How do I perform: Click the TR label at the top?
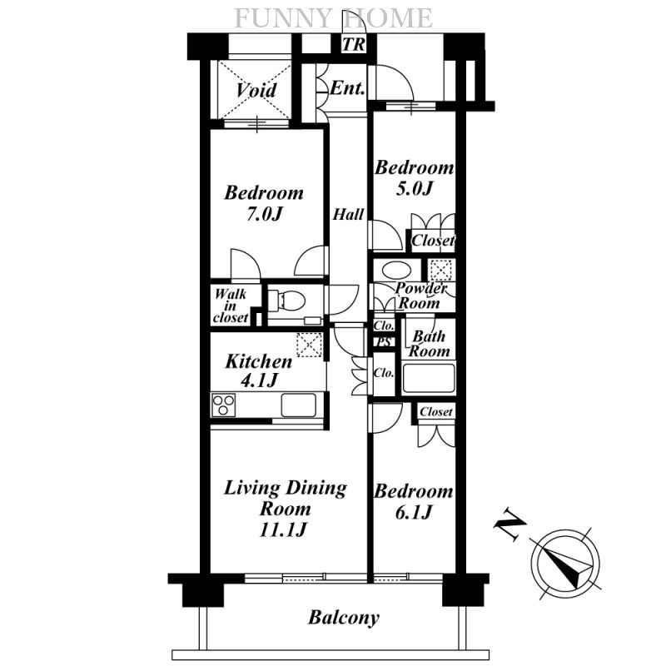(x=353, y=44)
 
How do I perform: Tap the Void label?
(x=256, y=90)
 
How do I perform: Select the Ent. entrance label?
(x=347, y=88)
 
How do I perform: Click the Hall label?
(x=348, y=215)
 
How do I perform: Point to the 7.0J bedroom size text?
(x=264, y=214)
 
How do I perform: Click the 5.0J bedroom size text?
(x=414, y=188)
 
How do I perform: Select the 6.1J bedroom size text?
(x=413, y=513)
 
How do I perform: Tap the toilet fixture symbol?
(x=286, y=301)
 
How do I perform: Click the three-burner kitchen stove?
(x=223, y=405)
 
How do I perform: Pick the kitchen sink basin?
(x=299, y=405)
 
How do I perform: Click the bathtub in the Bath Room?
(x=428, y=378)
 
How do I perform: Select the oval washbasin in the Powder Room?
(x=395, y=271)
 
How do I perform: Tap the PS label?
(x=385, y=342)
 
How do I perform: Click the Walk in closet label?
(x=231, y=306)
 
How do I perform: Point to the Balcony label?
(x=344, y=618)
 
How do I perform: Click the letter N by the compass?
(x=509, y=524)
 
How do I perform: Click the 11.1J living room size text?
(x=283, y=530)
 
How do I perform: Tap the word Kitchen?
(x=259, y=362)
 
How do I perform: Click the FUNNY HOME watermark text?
(x=334, y=18)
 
